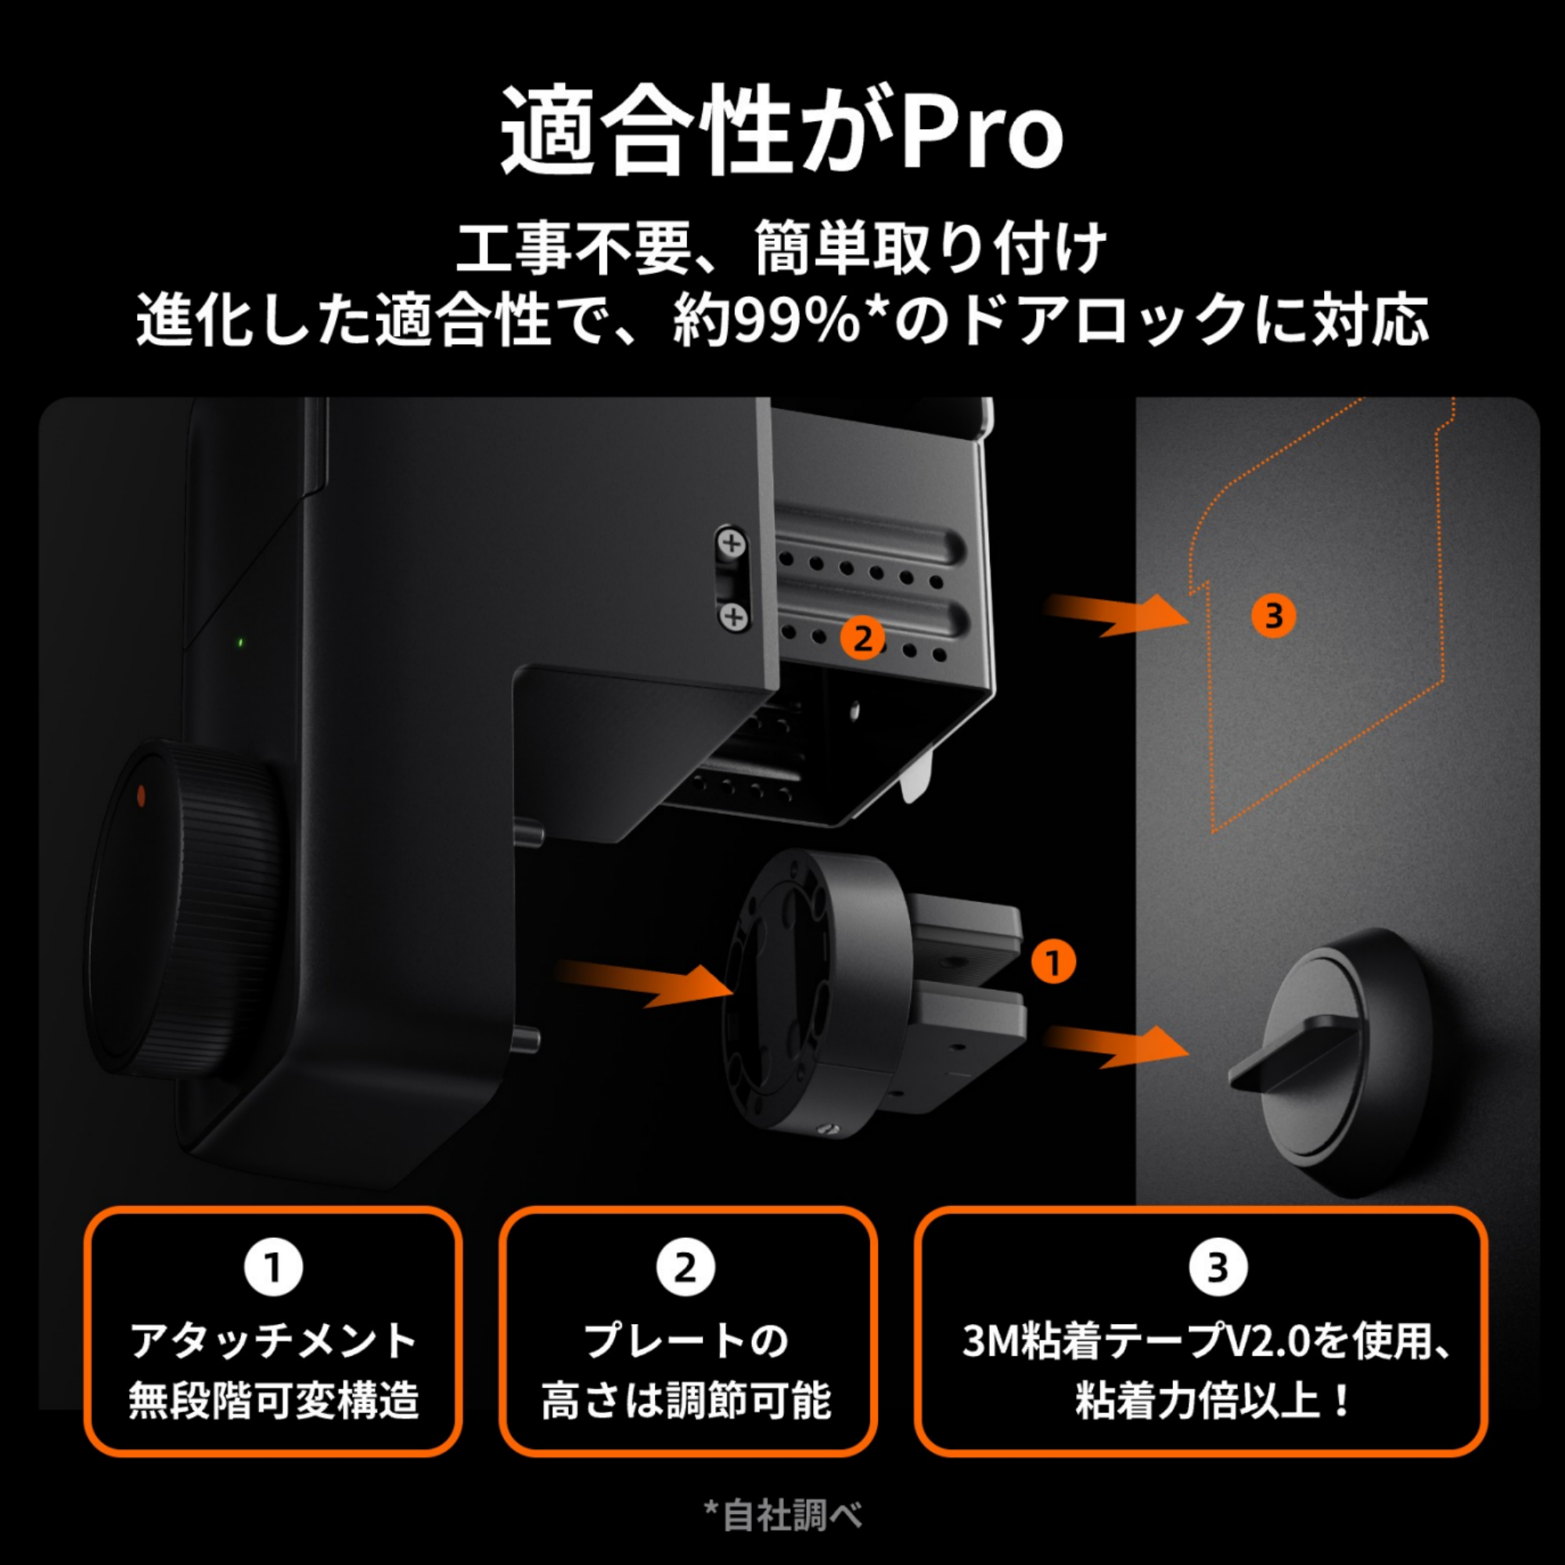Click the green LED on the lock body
240,643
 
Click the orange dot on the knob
141,796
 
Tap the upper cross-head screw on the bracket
732,543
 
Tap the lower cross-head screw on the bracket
733,618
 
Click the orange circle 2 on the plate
862,639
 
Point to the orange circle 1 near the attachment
1053,962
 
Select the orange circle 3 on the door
1272,616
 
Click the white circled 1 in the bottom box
274,1268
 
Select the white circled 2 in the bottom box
686,1268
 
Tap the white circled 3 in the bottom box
1218,1268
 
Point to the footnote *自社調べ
782,1515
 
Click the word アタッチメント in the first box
274,1341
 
